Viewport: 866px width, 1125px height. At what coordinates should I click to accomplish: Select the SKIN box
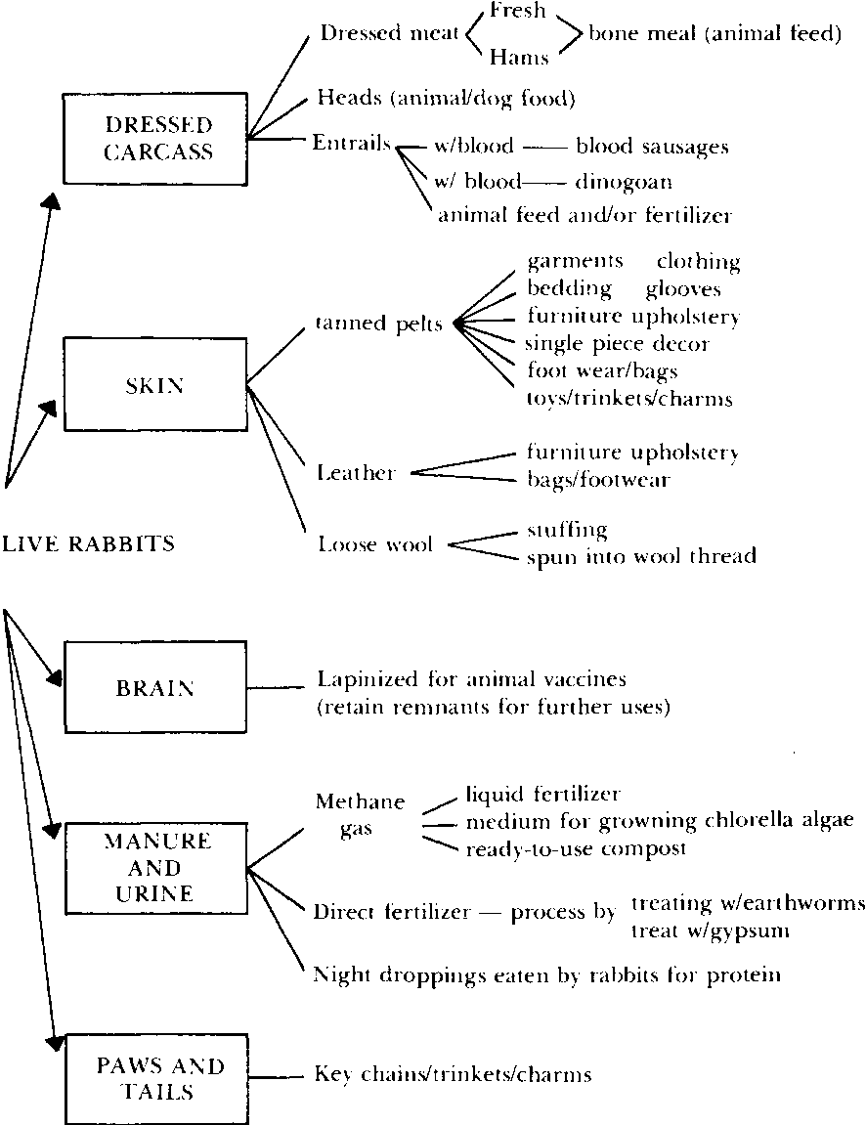point(154,385)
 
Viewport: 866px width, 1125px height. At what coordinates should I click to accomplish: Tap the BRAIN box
point(154,688)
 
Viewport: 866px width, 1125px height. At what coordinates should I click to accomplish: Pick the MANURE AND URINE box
point(154,867)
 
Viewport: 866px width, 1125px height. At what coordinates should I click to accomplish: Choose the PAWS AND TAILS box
point(154,1077)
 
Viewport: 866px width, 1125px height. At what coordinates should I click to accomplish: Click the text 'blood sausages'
point(652,147)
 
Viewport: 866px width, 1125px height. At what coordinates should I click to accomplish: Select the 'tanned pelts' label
point(378,324)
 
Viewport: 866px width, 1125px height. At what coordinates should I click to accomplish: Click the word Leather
point(357,474)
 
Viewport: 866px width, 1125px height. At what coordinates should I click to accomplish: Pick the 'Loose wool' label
point(374,544)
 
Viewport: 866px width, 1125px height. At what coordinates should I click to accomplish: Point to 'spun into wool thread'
point(641,557)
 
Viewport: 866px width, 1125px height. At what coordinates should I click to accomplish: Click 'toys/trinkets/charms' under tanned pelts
point(628,399)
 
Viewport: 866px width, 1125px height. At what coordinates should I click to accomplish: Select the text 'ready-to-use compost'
point(576,848)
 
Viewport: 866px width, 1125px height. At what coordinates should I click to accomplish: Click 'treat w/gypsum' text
point(711,931)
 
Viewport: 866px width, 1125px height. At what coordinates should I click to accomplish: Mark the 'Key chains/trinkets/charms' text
point(453,1075)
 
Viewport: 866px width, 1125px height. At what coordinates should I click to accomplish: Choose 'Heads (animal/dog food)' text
point(445,99)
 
